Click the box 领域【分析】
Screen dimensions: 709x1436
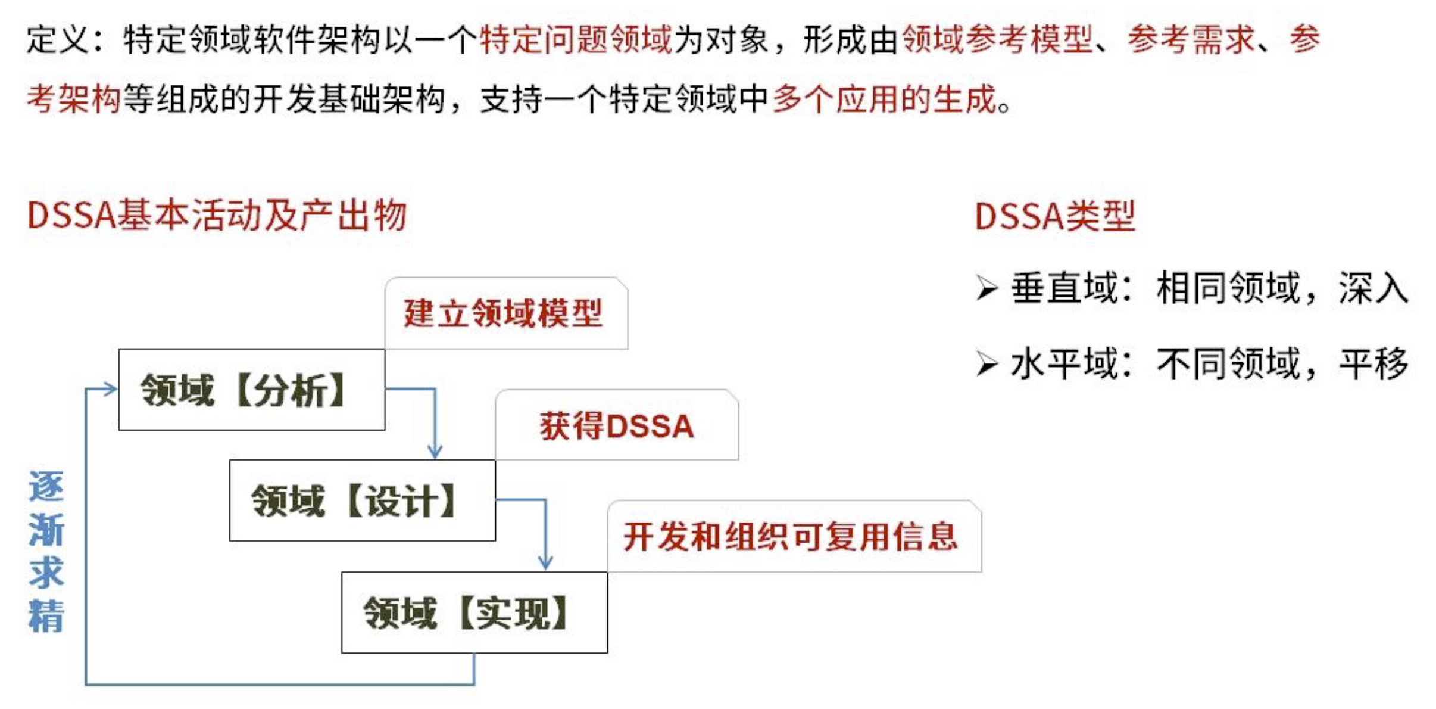point(251,390)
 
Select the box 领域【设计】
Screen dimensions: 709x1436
point(362,500)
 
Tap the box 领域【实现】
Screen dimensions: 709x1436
point(474,612)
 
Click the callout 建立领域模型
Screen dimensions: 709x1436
point(505,313)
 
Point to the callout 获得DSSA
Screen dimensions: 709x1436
point(616,425)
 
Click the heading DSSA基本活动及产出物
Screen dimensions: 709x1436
point(217,215)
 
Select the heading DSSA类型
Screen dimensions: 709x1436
point(1055,216)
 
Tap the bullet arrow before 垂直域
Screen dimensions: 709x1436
point(987,288)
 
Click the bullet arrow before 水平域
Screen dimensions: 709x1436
point(987,363)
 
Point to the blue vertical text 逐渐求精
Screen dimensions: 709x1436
point(46,551)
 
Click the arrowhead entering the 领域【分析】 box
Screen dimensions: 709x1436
point(110,390)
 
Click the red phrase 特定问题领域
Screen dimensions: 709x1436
point(576,39)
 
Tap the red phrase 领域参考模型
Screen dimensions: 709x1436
point(998,39)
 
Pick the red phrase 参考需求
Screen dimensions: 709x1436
point(1191,39)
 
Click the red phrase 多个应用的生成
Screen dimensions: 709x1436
point(884,99)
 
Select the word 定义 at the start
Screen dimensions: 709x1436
point(57,39)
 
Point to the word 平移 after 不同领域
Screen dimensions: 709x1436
point(1373,363)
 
